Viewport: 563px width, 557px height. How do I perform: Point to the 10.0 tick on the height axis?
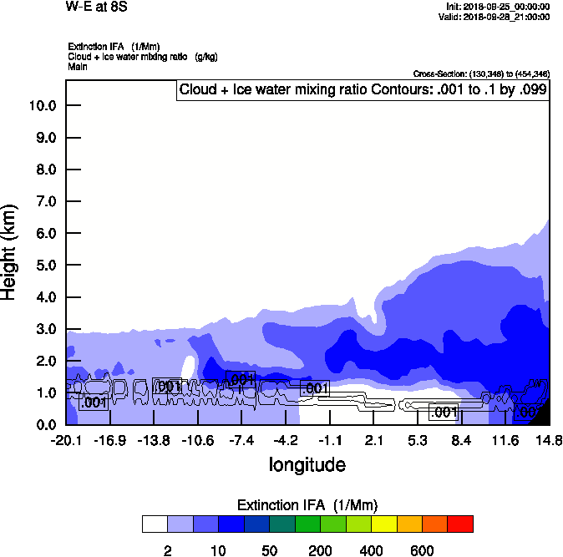[x=42, y=105]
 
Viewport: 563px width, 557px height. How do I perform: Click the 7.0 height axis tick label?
[x=42, y=201]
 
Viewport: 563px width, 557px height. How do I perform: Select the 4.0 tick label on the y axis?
[x=42, y=297]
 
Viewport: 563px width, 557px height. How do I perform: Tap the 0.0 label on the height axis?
[x=42, y=425]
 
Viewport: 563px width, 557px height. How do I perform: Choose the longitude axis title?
[x=307, y=463]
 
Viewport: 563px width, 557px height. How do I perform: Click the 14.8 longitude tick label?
[x=549, y=440]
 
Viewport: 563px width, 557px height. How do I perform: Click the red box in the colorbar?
[x=460, y=524]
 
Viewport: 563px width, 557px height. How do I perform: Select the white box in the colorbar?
[x=155, y=524]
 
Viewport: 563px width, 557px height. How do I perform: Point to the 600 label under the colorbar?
[x=422, y=550]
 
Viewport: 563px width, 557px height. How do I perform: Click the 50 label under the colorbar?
[x=269, y=550]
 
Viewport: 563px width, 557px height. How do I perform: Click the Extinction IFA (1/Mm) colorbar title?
[x=307, y=505]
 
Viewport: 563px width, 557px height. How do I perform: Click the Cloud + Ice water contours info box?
[x=363, y=90]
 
